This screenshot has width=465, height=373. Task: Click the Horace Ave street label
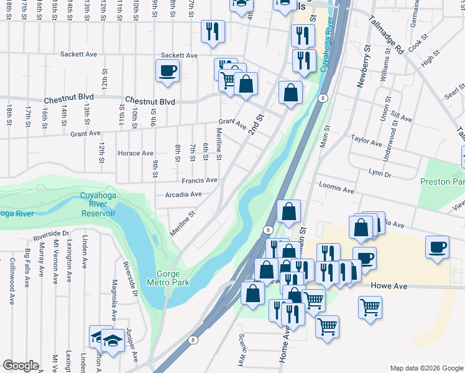pos(136,153)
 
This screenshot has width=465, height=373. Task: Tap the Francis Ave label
pos(200,180)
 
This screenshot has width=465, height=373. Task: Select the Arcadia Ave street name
pos(183,194)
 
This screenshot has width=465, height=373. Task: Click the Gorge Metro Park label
pos(173,278)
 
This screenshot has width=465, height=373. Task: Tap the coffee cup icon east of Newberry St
pos(438,247)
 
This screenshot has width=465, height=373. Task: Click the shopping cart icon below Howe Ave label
pos(370,306)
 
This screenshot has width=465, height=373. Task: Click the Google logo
pos(21,366)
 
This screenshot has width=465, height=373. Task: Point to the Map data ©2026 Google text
pos(425,367)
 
